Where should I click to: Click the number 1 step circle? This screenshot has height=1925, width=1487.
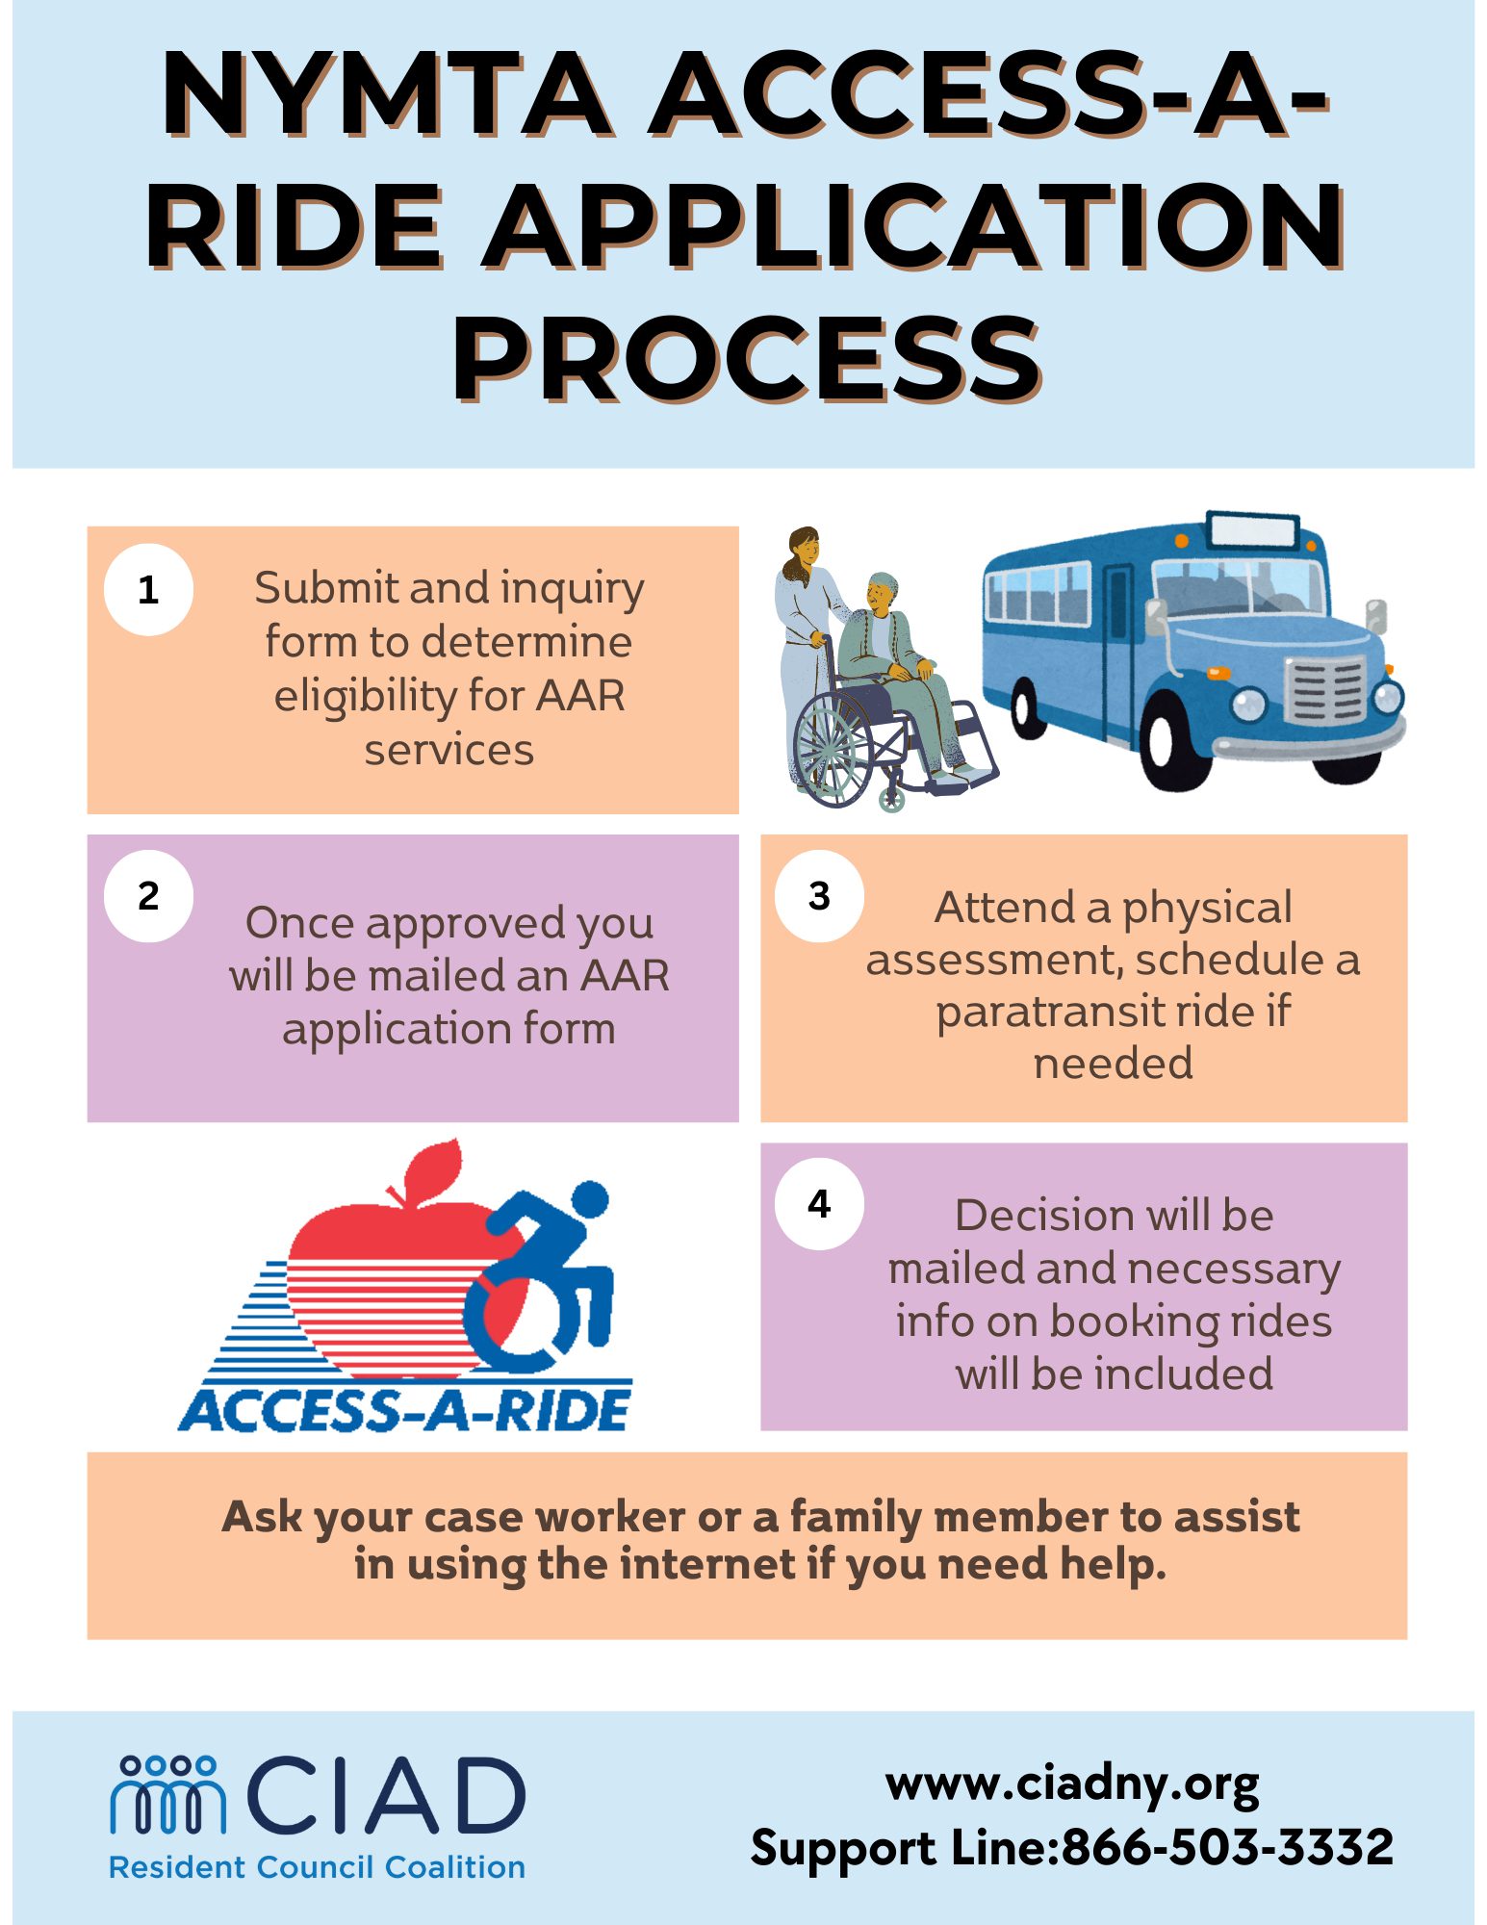(x=148, y=589)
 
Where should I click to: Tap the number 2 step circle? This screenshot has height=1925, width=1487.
(x=148, y=895)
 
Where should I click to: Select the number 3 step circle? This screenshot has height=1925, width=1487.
(x=819, y=895)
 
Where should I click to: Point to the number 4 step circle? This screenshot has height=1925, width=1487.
(x=819, y=1203)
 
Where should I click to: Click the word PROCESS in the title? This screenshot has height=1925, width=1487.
(x=748, y=358)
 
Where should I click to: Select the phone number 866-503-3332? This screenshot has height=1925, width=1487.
(x=1227, y=1847)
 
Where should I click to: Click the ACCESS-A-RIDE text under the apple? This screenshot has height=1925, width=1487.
(x=404, y=1410)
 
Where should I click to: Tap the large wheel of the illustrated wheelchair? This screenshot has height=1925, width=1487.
(x=833, y=747)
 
